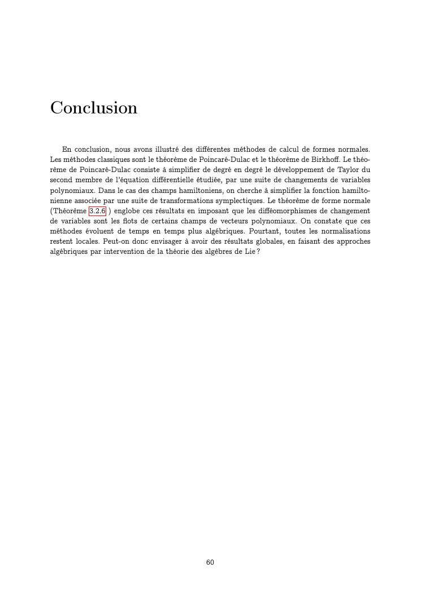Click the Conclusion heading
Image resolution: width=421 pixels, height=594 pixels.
pos(94,107)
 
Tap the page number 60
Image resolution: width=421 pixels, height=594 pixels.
pos(210,562)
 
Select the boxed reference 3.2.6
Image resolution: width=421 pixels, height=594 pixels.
pos(97,211)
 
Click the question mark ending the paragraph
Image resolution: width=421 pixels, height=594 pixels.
pos(258,252)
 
